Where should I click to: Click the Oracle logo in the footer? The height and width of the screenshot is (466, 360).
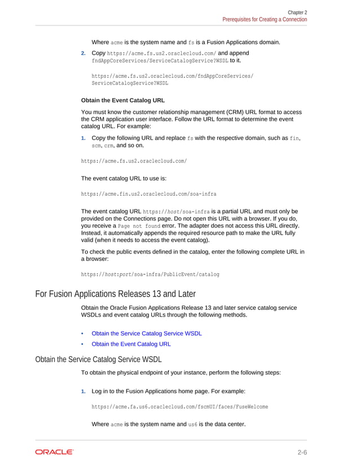pyautogui.click(x=54, y=452)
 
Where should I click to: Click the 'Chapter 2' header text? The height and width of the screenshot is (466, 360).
pyautogui.click(x=297, y=12)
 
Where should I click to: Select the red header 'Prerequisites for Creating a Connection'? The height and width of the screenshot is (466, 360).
pyautogui.click(x=265, y=19)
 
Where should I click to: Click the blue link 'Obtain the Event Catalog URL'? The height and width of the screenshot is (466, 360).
pyautogui.click(x=131, y=344)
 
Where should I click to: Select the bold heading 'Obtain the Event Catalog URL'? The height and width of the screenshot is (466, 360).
pyautogui.click(x=123, y=100)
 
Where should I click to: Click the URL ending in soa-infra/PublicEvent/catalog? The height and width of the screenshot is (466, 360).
pyautogui.click(x=150, y=274)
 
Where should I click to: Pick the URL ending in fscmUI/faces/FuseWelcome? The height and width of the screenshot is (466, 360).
pyautogui.click(x=179, y=406)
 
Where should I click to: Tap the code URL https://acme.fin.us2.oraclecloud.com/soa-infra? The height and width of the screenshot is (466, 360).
pyautogui.click(x=148, y=194)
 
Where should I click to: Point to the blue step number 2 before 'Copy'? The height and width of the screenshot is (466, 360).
pyautogui.click(x=84, y=54)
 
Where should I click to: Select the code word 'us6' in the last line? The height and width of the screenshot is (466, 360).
pyautogui.click(x=192, y=424)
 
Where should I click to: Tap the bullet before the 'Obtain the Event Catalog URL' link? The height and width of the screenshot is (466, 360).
pyautogui.click(x=84, y=344)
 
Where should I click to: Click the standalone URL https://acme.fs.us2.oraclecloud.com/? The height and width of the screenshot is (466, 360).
pyautogui.click(x=134, y=161)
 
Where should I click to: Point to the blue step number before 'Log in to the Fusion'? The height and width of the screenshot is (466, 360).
pyautogui.click(x=84, y=391)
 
